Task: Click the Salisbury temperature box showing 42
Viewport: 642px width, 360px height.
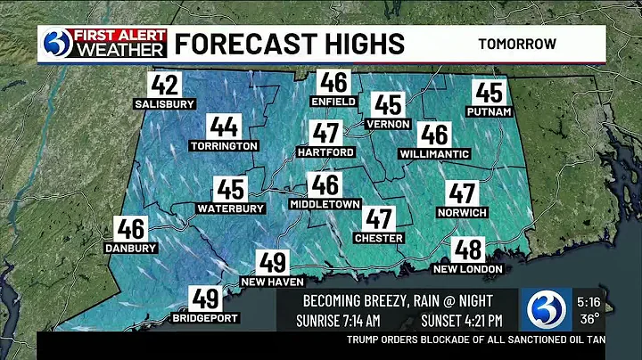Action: coord(165,86)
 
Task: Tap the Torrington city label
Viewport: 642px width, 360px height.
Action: coord(224,145)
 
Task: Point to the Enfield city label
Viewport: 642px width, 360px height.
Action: coord(334,102)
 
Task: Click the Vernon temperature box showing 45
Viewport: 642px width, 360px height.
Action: coord(389,105)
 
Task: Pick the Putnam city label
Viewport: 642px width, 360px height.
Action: coord(489,111)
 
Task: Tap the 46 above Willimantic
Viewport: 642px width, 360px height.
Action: coord(434,135)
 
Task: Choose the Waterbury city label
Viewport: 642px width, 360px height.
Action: coord(231,209)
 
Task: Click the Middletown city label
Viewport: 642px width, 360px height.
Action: coord(325,204)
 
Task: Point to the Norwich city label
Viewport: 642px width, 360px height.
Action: coord(462,212)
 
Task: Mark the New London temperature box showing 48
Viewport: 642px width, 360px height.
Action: coord(467,250)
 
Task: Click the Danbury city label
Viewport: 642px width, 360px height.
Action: coord(130,248)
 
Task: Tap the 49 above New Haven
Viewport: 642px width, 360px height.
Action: coord(273,263)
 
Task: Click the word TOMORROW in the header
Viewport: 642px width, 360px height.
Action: coord(517,43)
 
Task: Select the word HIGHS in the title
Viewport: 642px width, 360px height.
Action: coord(357,43)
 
